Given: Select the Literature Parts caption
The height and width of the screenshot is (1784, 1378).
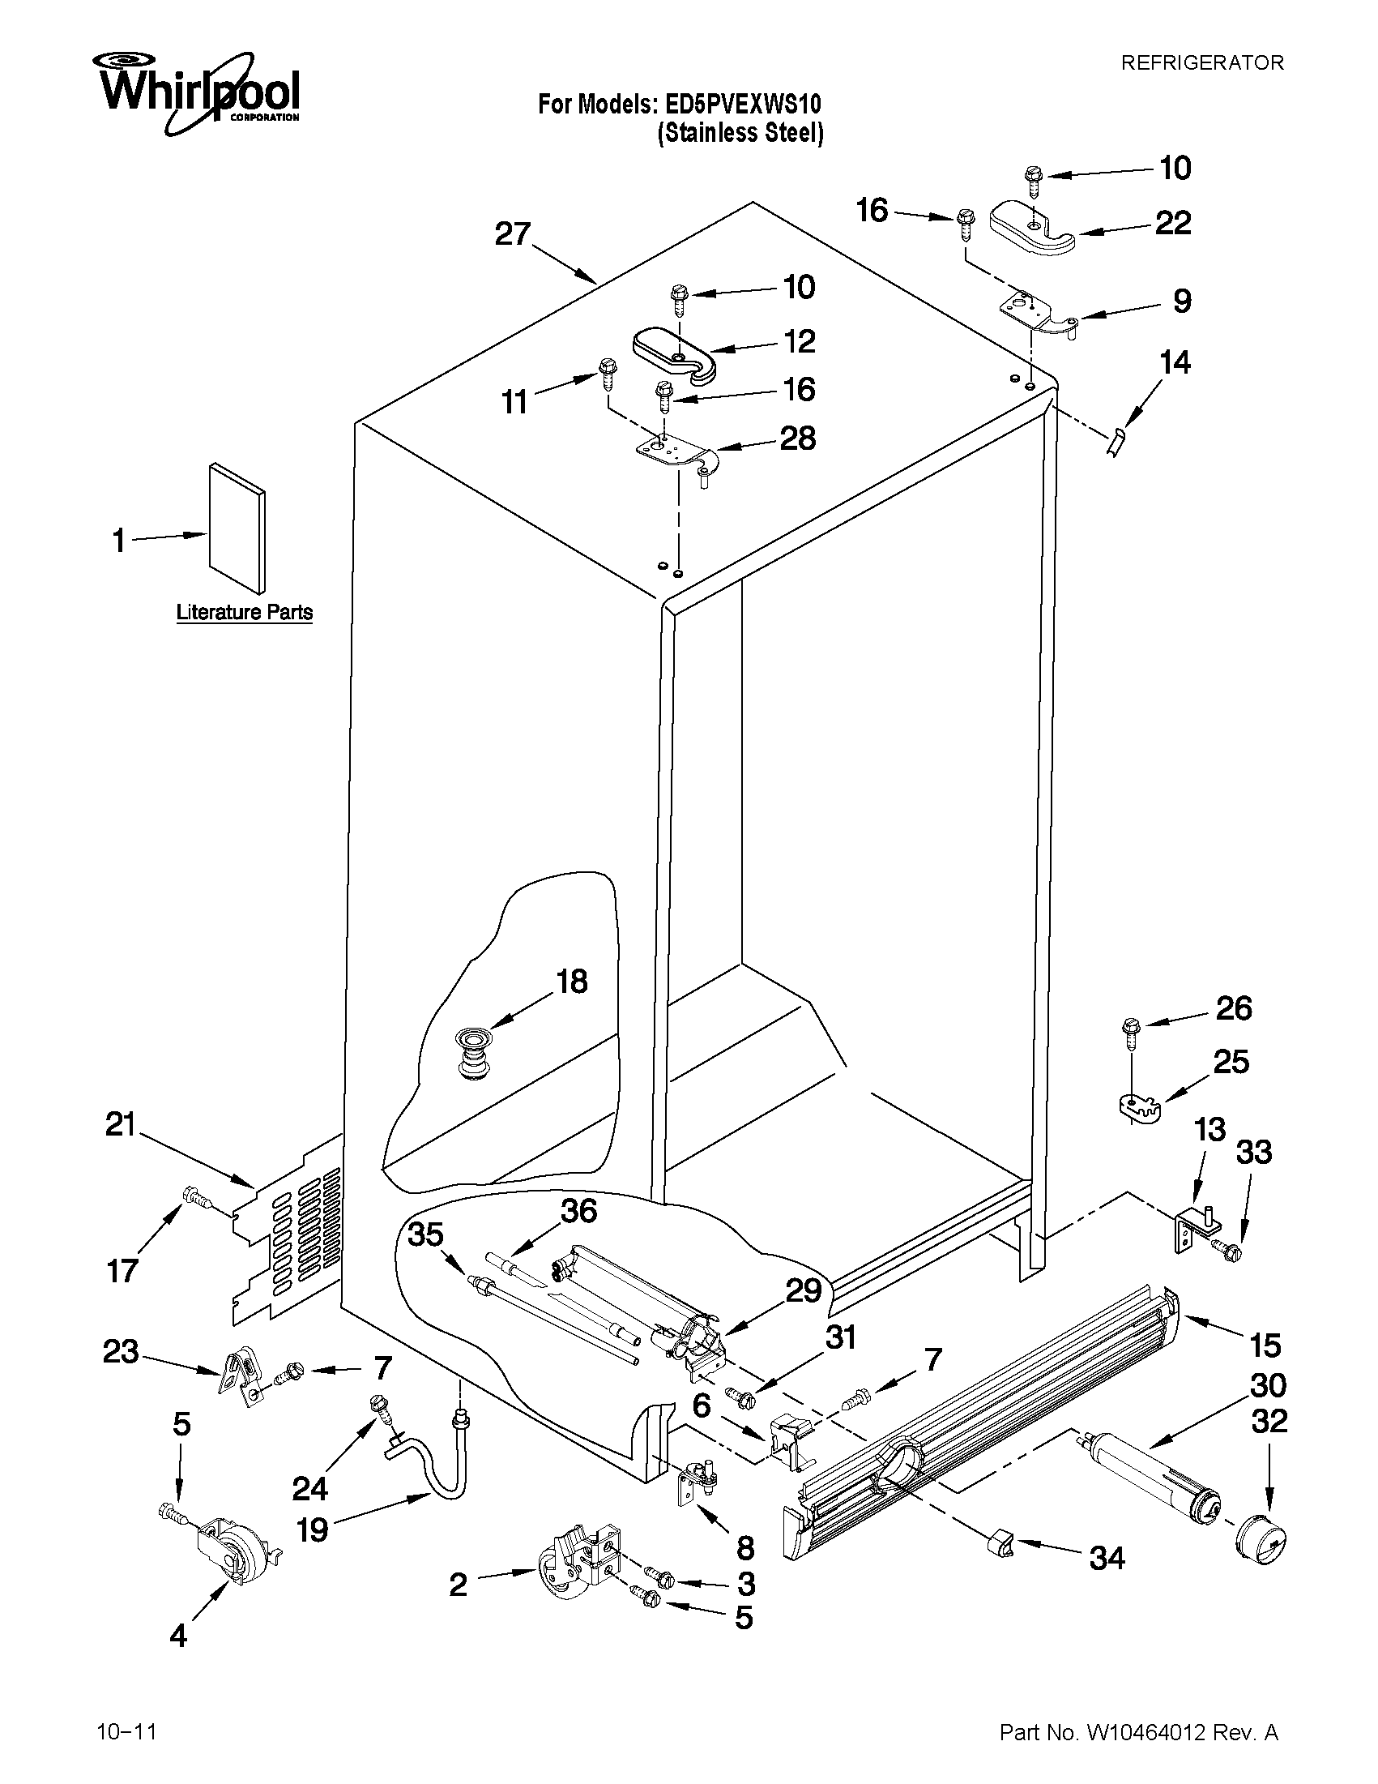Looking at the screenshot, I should point(244,612).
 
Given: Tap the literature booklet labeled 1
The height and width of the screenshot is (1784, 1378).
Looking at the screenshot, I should point(237,528).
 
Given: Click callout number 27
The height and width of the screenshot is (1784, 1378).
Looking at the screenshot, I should point(514,234).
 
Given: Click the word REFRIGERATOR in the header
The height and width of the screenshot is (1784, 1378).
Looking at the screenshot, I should point(1201,63).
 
